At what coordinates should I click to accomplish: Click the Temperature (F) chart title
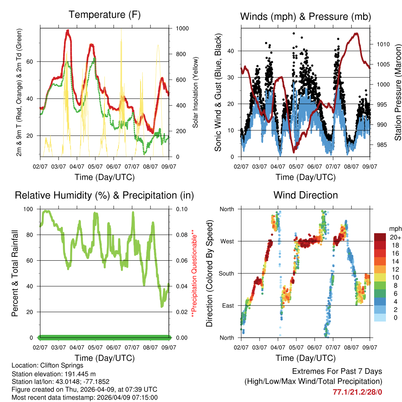[x=104, y=15]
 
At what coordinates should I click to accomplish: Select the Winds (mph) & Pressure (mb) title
[x=305, y=16]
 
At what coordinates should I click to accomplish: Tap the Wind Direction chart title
[x=305, y=195]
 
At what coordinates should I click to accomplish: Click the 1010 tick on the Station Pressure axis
[x=383, y=44]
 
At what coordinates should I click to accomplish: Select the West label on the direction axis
[x=227, y=241]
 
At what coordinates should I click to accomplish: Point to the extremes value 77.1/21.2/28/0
[x=357, y=392]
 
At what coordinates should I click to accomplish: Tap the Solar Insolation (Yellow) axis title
[x=195, y=92]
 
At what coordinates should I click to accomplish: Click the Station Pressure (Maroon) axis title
[x=398, y=92]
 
